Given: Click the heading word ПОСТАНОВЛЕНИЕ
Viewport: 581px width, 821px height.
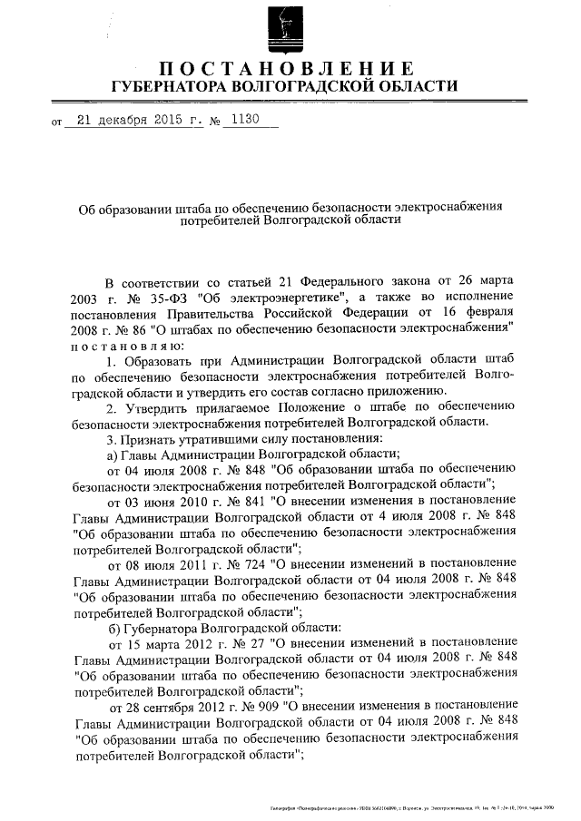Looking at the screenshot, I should coord(289,69).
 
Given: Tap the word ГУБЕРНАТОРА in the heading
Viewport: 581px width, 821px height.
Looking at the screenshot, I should coord(168,87).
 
